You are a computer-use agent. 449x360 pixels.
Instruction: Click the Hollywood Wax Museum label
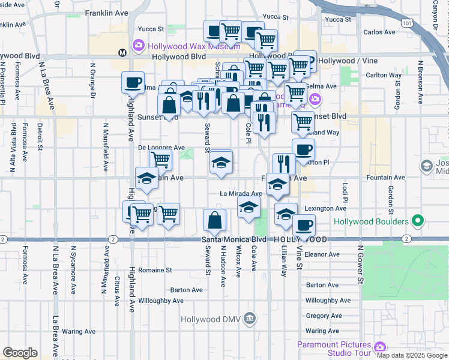(180, 45)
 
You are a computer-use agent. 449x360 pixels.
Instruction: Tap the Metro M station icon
(122, 52)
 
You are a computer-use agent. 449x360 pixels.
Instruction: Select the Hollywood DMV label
(212, 318)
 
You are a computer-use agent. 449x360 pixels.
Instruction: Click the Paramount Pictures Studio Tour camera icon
(379, 347)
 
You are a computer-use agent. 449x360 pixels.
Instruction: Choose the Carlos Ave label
(379, 32)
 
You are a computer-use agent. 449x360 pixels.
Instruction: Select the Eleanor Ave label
(322, 254)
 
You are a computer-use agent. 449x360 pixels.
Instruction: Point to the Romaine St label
(155, 270)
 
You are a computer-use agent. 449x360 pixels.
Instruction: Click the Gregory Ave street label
(323, 316)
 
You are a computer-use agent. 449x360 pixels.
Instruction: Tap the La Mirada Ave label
(241, 194)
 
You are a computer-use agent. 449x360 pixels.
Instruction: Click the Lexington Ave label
(325, 209)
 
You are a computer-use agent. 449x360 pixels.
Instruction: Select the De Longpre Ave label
(161, 147)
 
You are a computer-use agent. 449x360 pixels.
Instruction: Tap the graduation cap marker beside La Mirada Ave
(249, 208)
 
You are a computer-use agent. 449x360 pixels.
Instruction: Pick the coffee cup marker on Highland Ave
(133, 83)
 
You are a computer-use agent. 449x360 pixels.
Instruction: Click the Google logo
(20, 353)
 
